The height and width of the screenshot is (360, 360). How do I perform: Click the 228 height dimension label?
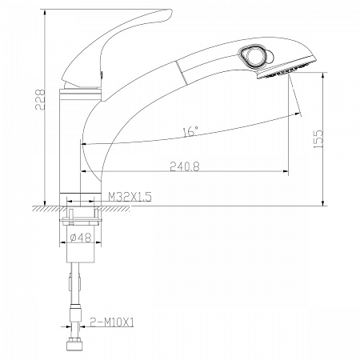click(x=41, y=100)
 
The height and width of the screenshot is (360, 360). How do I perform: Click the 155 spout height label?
click(x=318, y=139)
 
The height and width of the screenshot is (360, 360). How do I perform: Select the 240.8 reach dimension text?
click(x=185, y=166)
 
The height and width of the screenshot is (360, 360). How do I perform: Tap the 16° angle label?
click(x=190, y=131)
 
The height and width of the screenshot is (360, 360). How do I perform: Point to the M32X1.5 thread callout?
click(x=130, y=197)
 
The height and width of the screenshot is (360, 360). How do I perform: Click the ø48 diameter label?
click(x=81, y=237)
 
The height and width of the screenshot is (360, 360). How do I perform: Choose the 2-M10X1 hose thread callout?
click(x=112, y=322)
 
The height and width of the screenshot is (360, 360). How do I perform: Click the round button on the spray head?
click(x=252, y=56)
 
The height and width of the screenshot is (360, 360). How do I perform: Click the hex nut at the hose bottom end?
click(x=74, y=343)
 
